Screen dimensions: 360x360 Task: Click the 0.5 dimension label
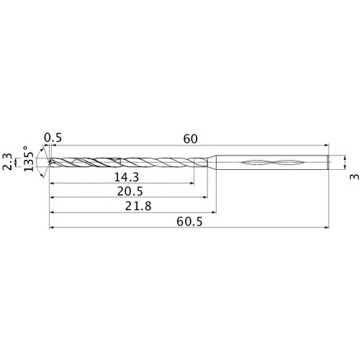pos(53,138)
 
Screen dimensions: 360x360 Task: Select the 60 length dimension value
pos(190,139)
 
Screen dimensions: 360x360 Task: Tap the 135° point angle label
pos(29,158)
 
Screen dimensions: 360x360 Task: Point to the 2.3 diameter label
pos(7,162)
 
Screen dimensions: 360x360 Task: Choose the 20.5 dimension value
pos(130,192)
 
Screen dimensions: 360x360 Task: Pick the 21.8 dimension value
pos(138,206)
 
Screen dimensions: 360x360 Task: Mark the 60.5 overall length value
pos(189,222)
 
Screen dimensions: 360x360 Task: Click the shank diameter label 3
pos(354,176)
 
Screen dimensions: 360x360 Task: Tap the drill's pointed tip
pos(49,162)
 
